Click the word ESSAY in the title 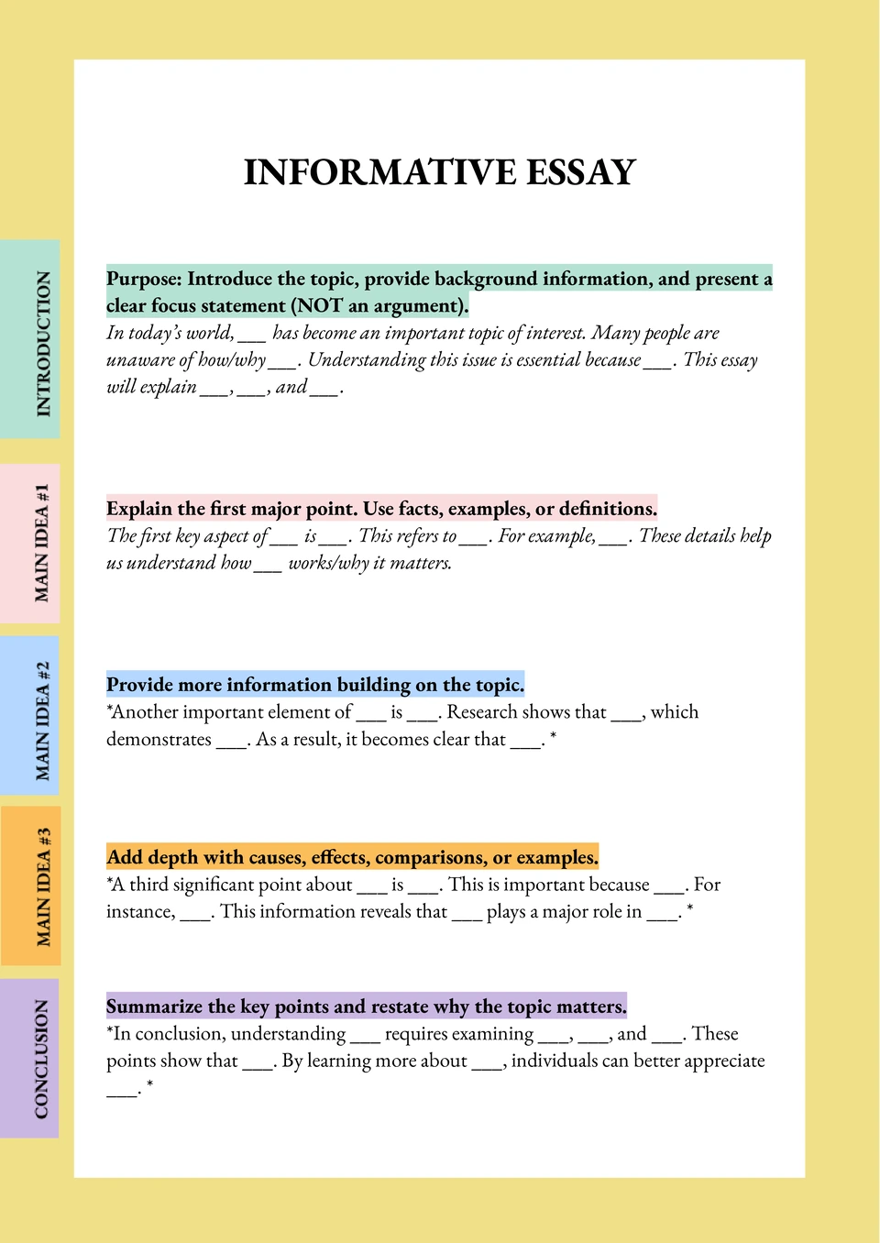580,172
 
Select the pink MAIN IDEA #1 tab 31,544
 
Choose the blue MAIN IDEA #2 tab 31,716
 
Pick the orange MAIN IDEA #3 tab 31,886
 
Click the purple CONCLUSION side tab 31,1059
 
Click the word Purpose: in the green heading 143,279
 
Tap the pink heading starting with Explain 381,509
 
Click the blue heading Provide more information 315,685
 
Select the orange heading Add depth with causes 352,857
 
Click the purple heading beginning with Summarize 367,1006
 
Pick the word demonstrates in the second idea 159,740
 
